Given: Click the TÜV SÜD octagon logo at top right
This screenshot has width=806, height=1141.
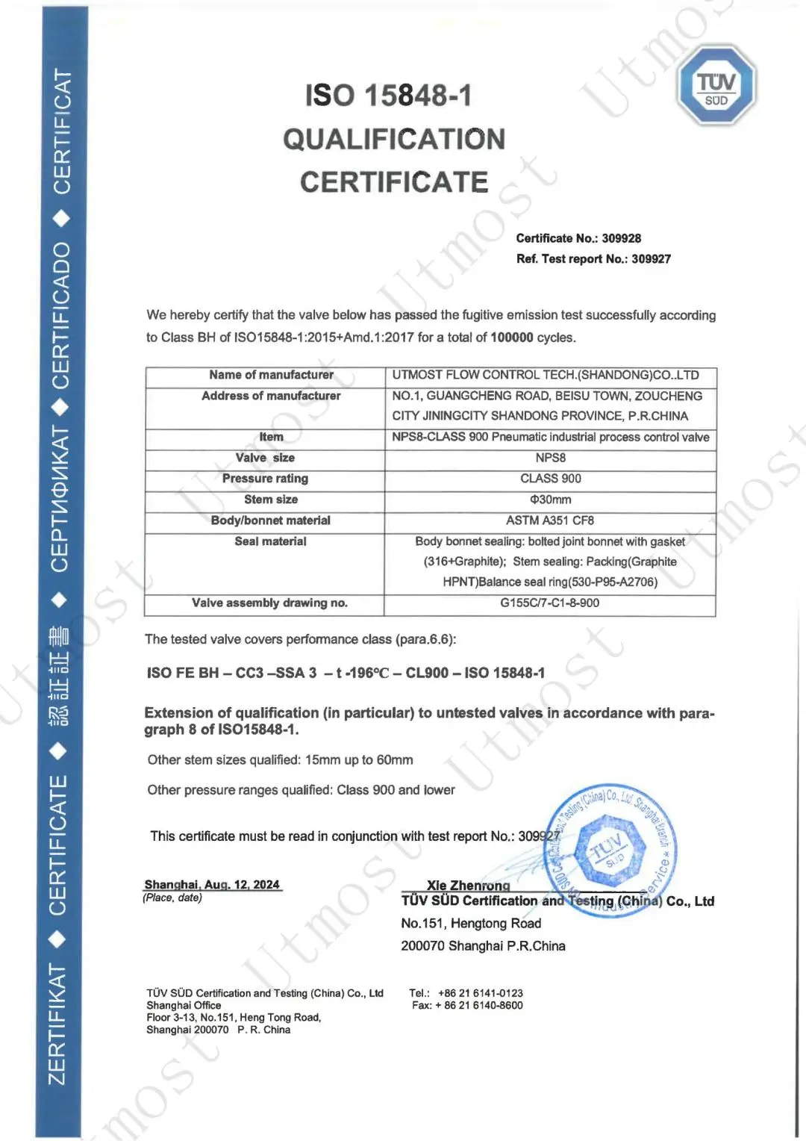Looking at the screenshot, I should tap(716, 85).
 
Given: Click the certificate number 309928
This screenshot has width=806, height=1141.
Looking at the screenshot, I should tap(622, 238).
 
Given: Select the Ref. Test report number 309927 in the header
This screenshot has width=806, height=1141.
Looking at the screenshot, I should tap(651, 259).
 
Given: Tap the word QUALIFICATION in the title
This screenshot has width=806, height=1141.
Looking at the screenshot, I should tap(394, 139).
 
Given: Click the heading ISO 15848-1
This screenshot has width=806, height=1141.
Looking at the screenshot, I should tap(388, 96).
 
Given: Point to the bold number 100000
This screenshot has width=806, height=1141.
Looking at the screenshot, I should tap(511, 338).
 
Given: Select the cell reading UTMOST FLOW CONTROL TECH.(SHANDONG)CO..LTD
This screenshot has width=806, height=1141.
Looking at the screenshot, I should tap(546, 375).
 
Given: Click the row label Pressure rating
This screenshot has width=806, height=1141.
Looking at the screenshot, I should tap(265, 479).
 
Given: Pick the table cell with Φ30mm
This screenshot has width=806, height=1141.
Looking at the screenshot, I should tap(550, 500).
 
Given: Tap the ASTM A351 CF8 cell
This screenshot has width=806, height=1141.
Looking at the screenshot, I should tap(550, 520).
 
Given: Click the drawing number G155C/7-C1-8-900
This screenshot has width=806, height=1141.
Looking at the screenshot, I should tap(549, 603).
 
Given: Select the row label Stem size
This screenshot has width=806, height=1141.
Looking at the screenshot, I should tap(271, 500).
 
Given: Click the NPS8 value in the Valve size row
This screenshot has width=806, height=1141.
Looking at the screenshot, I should tap(551, 458).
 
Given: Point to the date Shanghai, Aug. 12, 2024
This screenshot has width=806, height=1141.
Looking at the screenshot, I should tap(212, 884).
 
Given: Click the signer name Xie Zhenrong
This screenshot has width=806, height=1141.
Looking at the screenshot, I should tap(469, 886).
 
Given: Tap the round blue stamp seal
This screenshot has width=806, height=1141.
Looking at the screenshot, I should tap(611, 848).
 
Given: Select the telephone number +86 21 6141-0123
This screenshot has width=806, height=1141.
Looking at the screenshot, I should tap(481, 993).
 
